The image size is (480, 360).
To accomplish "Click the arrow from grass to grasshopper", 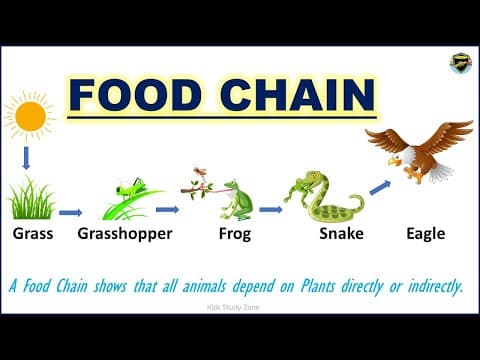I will coord(71,212).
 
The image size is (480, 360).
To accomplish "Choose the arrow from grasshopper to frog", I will coord(167,209).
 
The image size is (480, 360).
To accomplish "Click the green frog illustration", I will coord(236,199).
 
